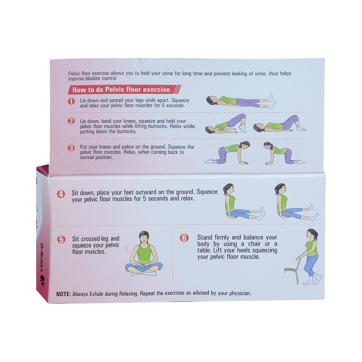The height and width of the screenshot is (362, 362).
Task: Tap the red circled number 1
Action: coord(71,101)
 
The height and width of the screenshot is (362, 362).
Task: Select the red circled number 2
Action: coord(71,121)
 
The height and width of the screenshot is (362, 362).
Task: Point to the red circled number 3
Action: coord(71,148)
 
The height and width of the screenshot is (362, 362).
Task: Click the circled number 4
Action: coord(61,194)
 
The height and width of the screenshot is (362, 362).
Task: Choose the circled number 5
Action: coord(61,239)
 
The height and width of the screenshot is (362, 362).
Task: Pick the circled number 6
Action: coord(184,238)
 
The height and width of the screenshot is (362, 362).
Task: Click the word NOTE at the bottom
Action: coord(63,294)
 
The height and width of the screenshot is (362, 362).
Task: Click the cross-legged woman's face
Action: coord(144,238)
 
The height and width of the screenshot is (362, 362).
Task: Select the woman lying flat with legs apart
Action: coord(241,101)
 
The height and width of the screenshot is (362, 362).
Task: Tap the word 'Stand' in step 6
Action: coord(205,237)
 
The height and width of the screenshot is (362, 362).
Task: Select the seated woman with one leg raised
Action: coord(296,202)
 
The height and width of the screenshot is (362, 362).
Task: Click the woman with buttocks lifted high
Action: coord(226,123)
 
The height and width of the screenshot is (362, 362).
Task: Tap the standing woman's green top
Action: coord(312,249)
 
